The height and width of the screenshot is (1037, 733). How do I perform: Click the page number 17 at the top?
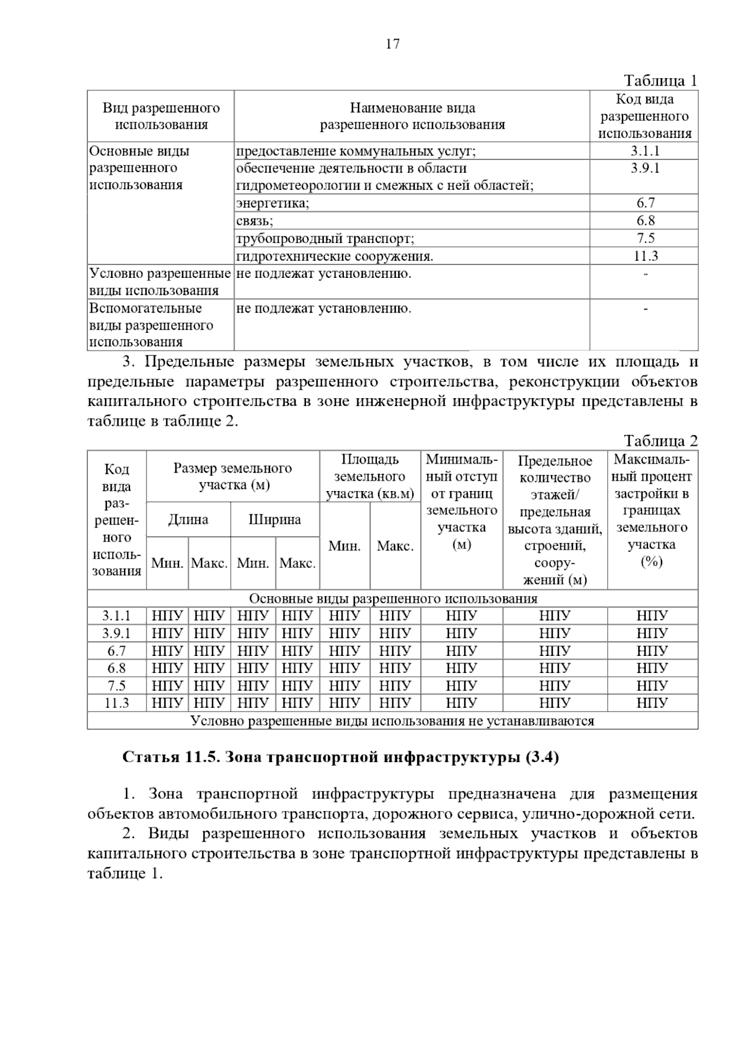pyautogui.click(x=392, y=44)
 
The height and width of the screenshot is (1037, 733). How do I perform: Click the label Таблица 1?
pyautogui.click(x=660, y=81)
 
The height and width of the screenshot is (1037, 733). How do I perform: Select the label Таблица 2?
pyautogui.click(x=660, y=441)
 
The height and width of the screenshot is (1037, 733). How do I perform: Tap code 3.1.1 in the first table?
pyautogui.click(x=645, y=151)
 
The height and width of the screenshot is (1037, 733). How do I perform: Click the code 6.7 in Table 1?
pyautogui.click(x=645, y=203)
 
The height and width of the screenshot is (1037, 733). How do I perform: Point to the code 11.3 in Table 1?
pyautogui.click(x=645, y=256)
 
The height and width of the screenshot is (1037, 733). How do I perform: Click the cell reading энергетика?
pyautogui.click(x=273, y=203)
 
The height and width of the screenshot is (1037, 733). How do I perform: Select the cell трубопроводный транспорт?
pyautogui.click(x=325, y=239)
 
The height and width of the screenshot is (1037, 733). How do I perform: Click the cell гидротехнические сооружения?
pyautogui.click(x=335, y=256)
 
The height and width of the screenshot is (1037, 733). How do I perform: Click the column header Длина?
pyautogui.click(x=188, y=520)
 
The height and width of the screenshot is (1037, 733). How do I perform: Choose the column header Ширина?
pyautogui.click(x=275, y=520)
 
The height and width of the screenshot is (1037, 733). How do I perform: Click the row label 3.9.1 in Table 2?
pyautogui.click(x=117, y=633)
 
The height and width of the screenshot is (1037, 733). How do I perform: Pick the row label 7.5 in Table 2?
pyautogui.click(x=117, y=686)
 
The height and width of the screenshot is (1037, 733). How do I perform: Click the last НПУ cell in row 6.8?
pyautogui.click(x=652, y=668)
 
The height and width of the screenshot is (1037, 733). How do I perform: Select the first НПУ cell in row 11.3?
pyautogui.click(x=167, y=703)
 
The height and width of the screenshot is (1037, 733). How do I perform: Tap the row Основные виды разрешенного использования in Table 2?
pyautogui.click(x=393, y=599)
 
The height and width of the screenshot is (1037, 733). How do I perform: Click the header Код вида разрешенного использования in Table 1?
pyautogui.click(x=644, y=117)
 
